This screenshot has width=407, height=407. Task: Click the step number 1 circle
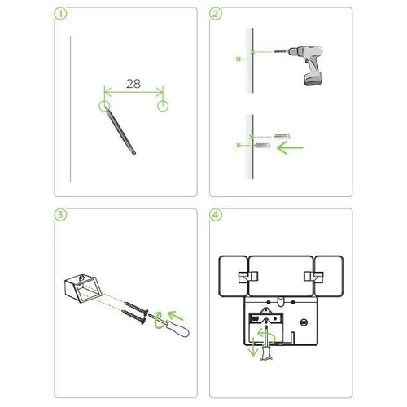click(x=60, y=14)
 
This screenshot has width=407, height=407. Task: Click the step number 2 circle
click(x=216, y=14)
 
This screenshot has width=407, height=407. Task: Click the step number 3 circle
click(x=60, y=215)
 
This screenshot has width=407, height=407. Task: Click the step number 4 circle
click(x=216, y=215)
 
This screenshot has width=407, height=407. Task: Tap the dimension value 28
click(x=133, y=84)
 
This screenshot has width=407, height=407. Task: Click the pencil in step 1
click(x=120, y=131)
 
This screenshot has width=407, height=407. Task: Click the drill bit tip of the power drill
click(x=275, y=51)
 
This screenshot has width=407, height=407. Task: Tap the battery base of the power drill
click(x=313, y=79)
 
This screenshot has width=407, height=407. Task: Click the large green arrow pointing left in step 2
click(x=290, y=148)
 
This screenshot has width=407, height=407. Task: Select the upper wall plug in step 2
click(x=282, y=136)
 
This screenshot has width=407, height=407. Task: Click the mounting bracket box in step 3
click(x=83, y=288)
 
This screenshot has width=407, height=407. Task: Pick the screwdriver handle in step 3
click(x=177, y=328)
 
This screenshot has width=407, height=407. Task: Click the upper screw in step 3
click(x=136, y=309)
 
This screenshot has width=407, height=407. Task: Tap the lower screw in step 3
click(x=133, y=317)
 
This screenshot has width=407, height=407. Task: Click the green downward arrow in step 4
click(x=253, y=347)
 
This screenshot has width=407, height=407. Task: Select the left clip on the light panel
click(x=248, y=277)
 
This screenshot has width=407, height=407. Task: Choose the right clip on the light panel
click(x=313, y=277)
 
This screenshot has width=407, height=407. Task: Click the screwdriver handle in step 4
click(x=266, y=353)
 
